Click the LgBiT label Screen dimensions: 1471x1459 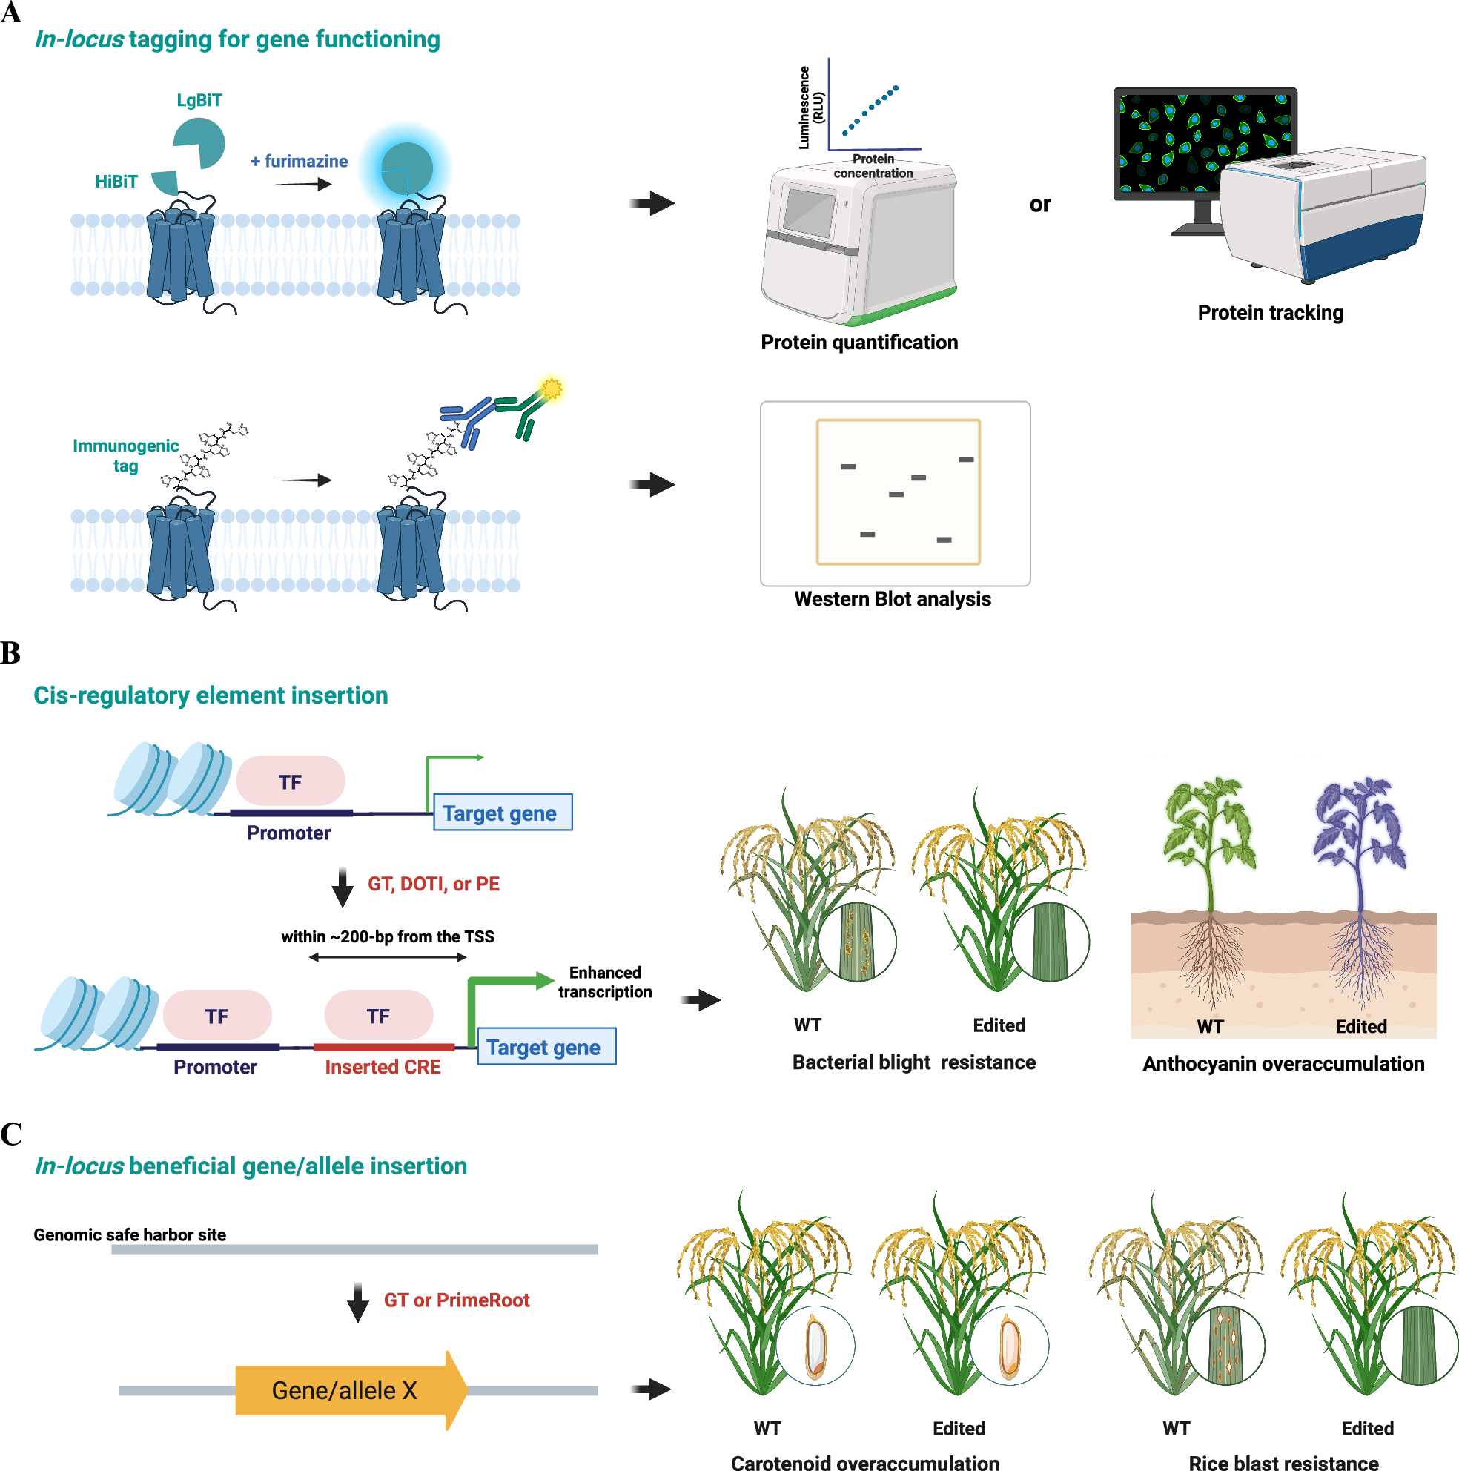click(x=199, y=101)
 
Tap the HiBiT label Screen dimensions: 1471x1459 click(x=116, y=181)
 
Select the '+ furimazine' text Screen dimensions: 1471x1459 click(x=299, y=162)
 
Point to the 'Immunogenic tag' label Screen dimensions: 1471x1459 click(x=125, y=455)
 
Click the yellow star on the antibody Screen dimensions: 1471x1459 click(x=551, y=389)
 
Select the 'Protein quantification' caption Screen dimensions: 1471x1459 click(x=859, y=343)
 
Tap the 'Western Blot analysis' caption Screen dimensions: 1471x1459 click(x=892, y=599)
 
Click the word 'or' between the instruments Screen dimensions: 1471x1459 click(x=1039, y=204)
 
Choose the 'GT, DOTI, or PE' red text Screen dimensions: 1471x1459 click(x=433, y=884)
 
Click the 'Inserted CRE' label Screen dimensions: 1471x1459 click(x=383, y=1067)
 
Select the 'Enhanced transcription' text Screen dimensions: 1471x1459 click(x=605, y=982)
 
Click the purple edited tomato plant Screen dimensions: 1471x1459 click(x=1360, y=838)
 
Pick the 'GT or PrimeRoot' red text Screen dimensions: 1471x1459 click(x=456, y=1300)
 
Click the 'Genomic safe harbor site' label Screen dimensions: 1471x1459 click(x=130, y=1235)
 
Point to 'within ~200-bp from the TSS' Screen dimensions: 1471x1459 click(x=387, y=936)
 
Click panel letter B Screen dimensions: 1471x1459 click(x=10, y=653)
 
